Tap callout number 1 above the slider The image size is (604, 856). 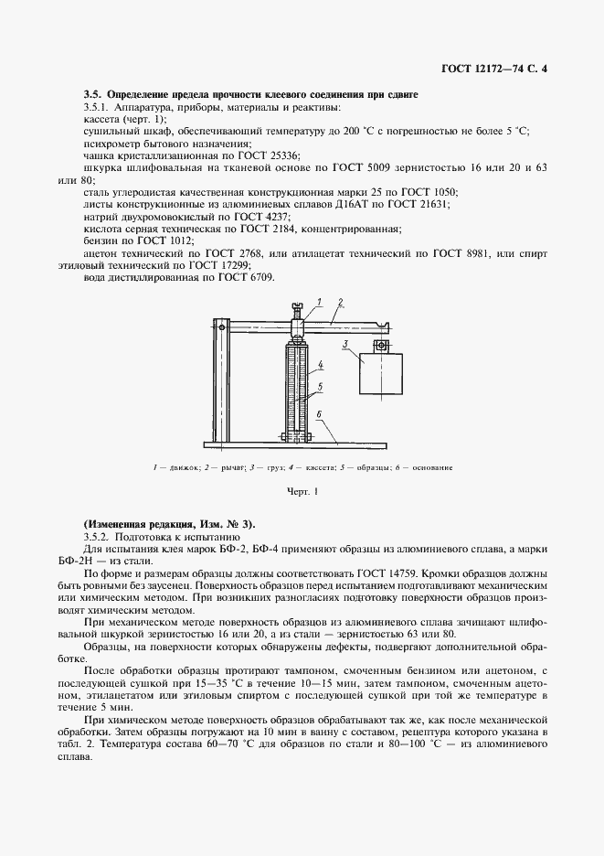point(320,301)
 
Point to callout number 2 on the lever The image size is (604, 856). point(340,301)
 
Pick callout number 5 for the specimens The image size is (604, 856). point(321,387)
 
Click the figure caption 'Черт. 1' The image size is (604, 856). point(302,492)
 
